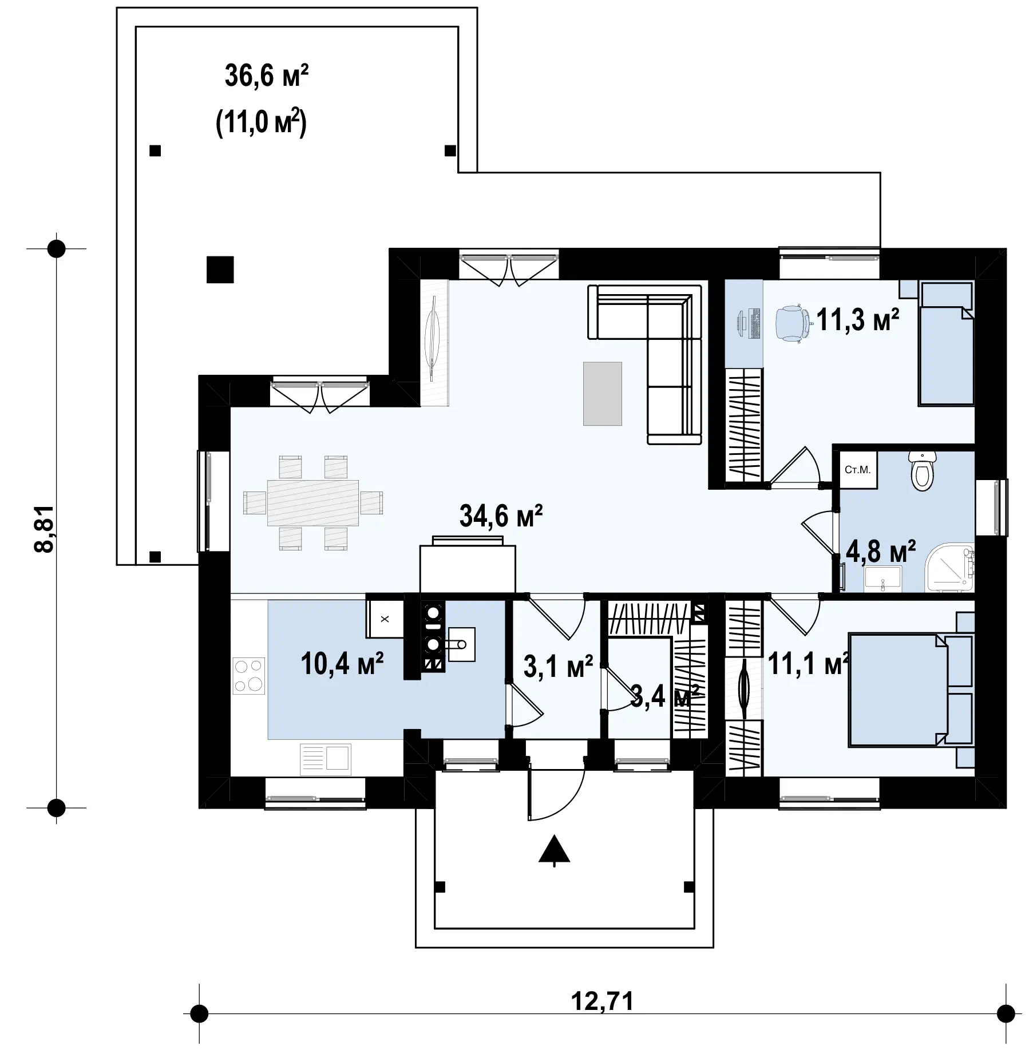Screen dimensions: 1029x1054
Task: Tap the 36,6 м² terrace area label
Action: point(267,76)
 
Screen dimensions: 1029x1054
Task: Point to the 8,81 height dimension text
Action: point(44,528)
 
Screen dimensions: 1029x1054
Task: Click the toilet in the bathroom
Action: point(922,470)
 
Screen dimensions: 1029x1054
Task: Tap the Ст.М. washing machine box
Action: point(858,470)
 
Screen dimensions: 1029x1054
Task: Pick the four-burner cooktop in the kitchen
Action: point(249,675)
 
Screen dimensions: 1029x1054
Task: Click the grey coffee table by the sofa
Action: point(602,394)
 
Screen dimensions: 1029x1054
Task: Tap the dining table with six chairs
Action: point(313,503)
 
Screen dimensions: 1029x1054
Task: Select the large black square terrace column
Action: point(220,269)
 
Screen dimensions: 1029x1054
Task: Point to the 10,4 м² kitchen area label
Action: point(342,664)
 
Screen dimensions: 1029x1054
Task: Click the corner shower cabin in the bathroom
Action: point(950,568)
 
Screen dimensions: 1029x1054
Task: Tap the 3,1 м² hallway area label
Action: point(558,667)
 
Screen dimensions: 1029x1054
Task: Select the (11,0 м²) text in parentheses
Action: point(261,124)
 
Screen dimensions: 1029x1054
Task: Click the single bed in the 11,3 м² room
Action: point(945,343)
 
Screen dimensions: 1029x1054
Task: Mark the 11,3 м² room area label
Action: point(857,320)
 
